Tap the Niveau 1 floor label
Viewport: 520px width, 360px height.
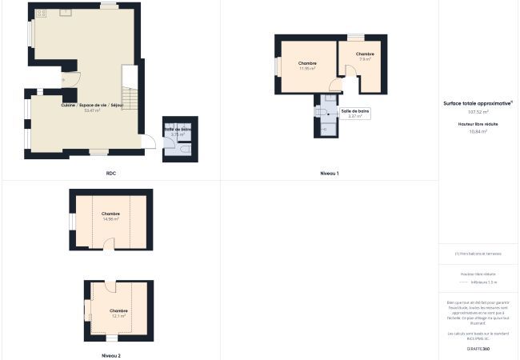[329, 173]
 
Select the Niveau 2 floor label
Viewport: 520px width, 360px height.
[111, 354]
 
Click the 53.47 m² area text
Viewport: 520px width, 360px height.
[92, 110]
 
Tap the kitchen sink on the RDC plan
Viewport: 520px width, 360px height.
[66, 13]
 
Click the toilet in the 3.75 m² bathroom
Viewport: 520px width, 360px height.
[184, 150]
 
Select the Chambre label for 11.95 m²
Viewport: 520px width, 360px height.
[307, 63]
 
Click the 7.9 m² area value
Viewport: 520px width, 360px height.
[365, 59]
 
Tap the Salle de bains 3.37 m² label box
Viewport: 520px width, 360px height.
[354, 114]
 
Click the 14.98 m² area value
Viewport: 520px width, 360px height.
[110, 219]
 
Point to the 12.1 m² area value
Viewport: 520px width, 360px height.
[118, 316]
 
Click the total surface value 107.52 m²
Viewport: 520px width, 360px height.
[478, 112]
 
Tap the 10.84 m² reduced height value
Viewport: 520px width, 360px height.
[478, 131]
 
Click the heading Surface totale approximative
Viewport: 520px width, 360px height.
[478, 103]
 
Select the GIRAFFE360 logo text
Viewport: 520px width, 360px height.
[478, 349]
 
